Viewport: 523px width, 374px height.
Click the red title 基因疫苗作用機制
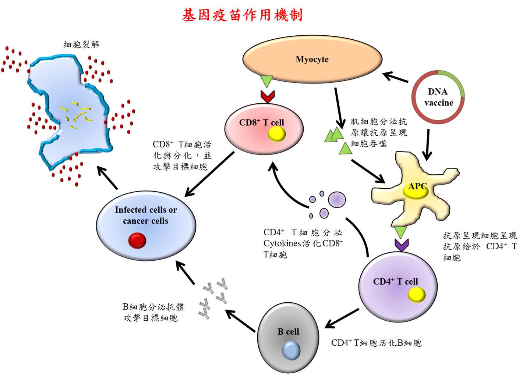243,15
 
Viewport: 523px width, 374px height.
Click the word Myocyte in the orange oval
312,59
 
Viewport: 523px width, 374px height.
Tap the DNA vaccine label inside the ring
438,97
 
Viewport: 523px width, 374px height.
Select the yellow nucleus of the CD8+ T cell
276,135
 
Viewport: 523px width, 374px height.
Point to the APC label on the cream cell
417,186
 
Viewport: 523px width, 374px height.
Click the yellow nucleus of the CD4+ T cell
416,295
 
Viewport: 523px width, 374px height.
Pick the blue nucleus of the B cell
291,350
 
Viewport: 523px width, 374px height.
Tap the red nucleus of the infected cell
137,241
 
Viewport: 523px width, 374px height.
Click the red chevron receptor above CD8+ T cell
268,96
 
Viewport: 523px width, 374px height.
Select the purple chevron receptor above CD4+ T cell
402,245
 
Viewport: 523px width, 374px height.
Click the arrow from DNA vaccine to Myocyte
395,77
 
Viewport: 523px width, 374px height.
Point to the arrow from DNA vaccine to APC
427,145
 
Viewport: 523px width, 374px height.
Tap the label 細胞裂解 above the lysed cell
81,44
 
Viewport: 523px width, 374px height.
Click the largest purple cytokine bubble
337,200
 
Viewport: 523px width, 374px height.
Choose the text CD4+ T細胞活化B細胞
376,343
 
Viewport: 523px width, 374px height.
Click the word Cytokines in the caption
282,243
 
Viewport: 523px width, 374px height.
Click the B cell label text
288,332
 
